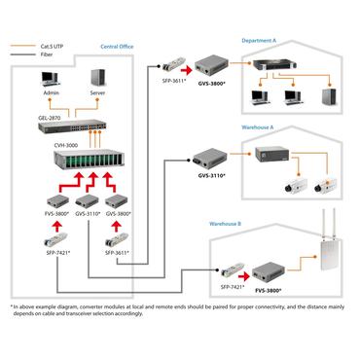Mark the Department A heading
(263, 41)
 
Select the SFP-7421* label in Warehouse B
(231, 286)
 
